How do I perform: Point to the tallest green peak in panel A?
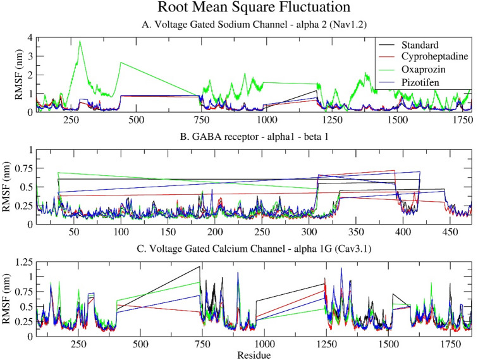(80, 41)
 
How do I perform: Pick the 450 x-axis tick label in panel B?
(450, 233)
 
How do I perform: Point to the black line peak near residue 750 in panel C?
(200, 267)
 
